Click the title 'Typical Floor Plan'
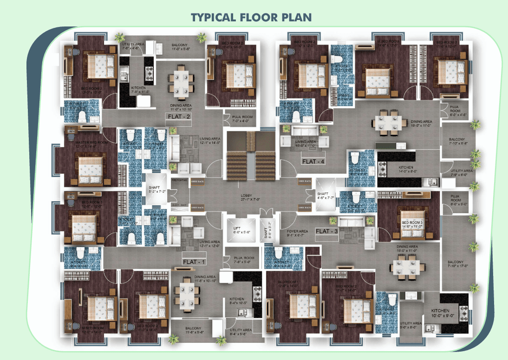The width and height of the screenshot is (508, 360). pos(251,17)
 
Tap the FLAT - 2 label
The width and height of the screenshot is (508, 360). pos(181,117)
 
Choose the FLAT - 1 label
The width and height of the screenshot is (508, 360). pos(194,262)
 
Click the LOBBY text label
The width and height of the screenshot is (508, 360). pos(246,196)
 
